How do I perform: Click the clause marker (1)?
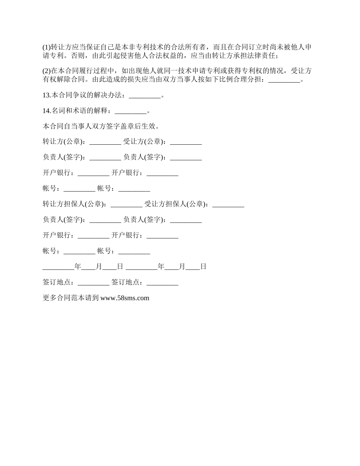(x=47, y=47)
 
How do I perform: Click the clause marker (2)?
(x=47, y=71)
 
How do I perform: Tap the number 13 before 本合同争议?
(x=46, y=95)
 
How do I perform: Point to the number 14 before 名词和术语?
(x=46, y=111)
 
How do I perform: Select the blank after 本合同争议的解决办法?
(x=145, y=96)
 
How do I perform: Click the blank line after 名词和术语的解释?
(x=130, y=112)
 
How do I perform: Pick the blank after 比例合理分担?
(x=284, y=80)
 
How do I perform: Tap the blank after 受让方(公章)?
(x=186, y=142)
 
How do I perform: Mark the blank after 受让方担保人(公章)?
(x=228, y=205)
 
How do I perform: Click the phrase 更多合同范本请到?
(x=71, y=298)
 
